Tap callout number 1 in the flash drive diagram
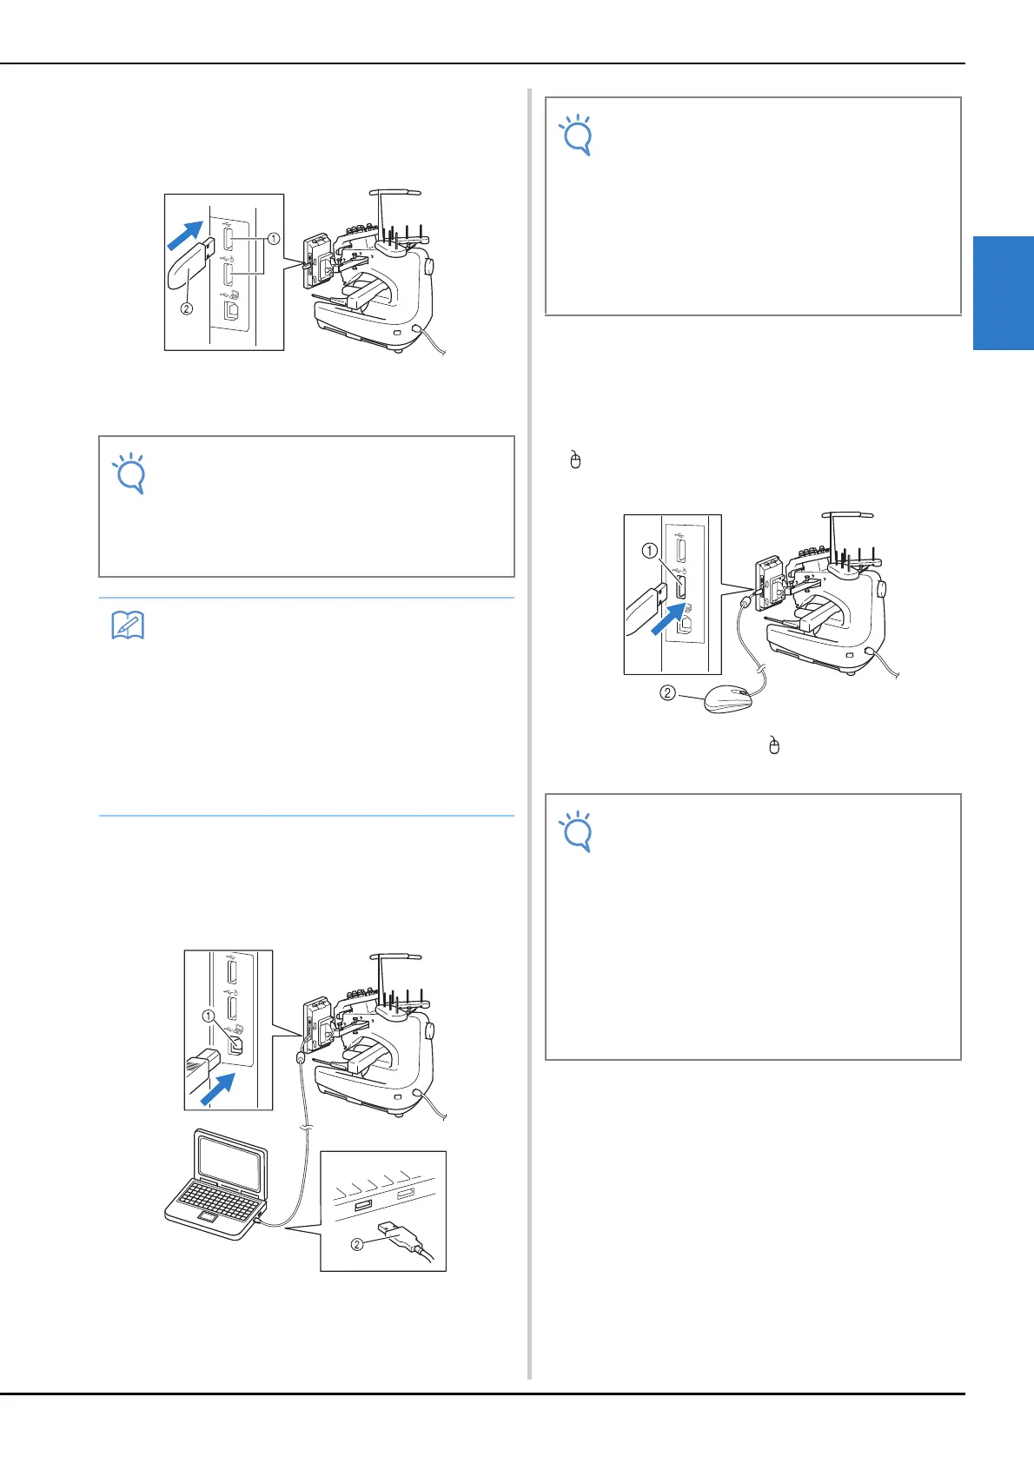tap(274, 238)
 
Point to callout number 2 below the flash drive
tap(186, 308)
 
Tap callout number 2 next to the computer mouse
tap(667, 693)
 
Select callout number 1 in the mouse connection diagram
tap(649, 550)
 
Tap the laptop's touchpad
tap(209, 1222)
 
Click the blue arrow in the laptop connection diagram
tap(218, 1087)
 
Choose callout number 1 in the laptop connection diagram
tap(208, 1016)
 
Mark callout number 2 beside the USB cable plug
tap(357, 1244)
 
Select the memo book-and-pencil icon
tap(128, 626)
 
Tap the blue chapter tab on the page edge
tap(1003, 293)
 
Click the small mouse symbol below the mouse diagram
tap(774, 745)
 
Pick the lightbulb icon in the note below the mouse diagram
tap(577, 831)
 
